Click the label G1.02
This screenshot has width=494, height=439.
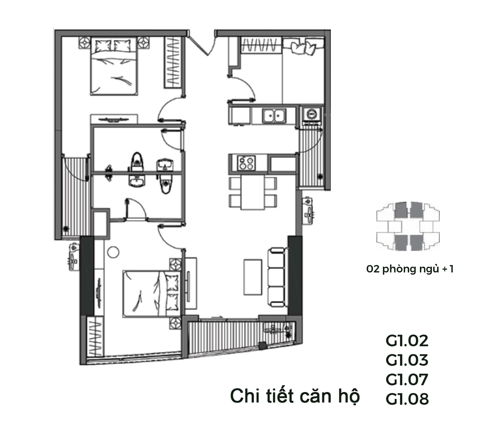pyautogui.click(x=407, y=341)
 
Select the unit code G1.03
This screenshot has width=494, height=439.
pyautogui.click(x=407, y=360)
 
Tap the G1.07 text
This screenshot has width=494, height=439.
pyautogui.click(x=407, y=379)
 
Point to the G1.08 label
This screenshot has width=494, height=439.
pyautogui.click(x=407, y=399)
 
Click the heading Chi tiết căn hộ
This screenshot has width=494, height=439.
pyautogui.click(x=295, y=396)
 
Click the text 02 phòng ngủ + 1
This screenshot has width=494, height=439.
pyautogui.click(x=410, y=269)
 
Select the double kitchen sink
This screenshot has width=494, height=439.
pyautogui.click(x=274, y=116)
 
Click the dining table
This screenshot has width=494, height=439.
pyautogui.click(x=253, y=193)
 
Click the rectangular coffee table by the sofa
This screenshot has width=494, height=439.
pyautogui.click(x=253, y=277)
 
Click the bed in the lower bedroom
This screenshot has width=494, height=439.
pyautogui.click(x=151, y=294)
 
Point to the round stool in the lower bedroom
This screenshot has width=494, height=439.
pyautogui.click(x=113, y=252)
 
